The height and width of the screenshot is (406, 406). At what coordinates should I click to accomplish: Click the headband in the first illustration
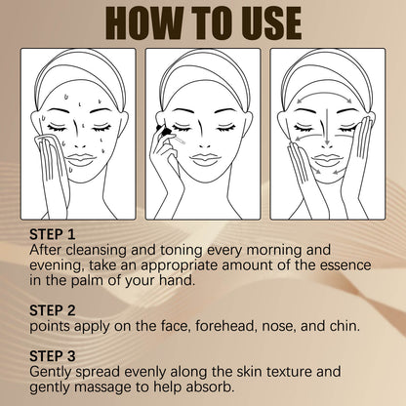pyautogui.click(x=75, y=68)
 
